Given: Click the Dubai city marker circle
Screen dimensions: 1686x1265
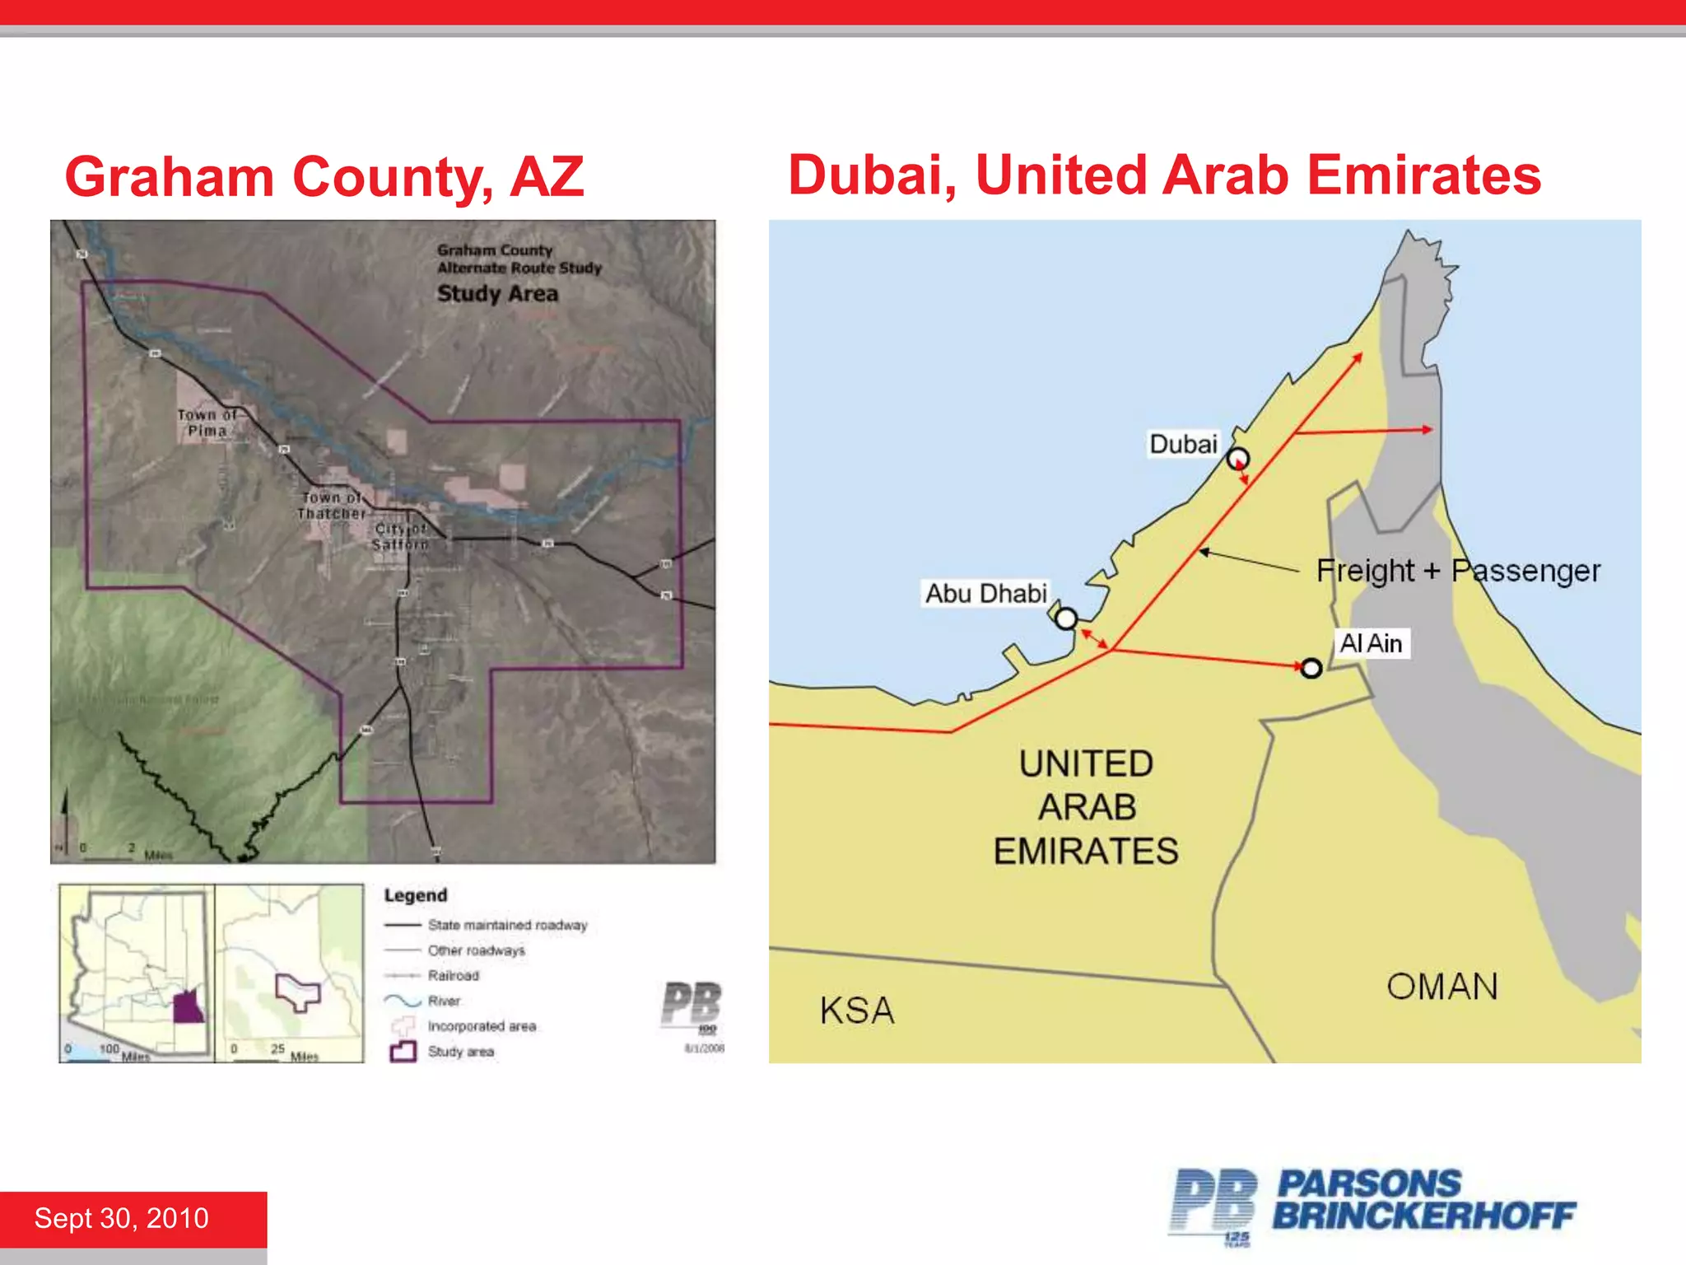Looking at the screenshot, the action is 1238,459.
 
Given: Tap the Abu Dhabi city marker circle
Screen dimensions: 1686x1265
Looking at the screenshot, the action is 1066,618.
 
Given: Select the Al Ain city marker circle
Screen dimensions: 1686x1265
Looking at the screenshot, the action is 1311,668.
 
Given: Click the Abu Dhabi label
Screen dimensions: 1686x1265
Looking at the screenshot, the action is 985,593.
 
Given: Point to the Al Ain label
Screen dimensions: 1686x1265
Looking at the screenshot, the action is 1371,643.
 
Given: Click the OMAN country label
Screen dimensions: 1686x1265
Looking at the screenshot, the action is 1442,986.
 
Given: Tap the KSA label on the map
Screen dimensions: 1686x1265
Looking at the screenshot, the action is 856,1011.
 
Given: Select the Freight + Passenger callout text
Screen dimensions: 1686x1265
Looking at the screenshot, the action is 1458,571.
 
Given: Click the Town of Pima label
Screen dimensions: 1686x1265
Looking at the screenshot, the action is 207,422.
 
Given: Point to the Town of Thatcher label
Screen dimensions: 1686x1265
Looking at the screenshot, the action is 331,505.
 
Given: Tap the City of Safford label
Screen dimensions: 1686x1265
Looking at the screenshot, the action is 400,536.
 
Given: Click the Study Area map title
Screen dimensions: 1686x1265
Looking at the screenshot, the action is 497,294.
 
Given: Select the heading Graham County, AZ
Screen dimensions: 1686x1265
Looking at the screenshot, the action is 324,177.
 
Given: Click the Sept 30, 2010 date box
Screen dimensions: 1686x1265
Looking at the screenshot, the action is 122,1218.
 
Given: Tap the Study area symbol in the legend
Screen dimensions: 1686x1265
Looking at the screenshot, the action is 403,1052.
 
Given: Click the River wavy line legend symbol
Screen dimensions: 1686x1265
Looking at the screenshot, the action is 403,1001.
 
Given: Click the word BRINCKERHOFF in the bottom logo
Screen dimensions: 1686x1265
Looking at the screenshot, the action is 1424,1216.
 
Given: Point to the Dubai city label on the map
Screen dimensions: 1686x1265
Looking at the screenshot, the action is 1183,444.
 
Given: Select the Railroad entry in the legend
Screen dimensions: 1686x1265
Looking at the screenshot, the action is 453,976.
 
